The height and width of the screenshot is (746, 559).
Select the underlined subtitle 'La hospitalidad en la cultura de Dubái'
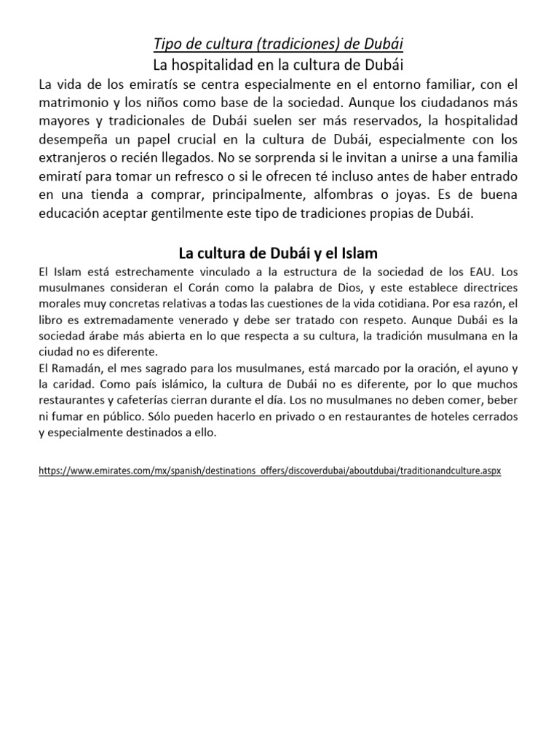click(x=279, y=64)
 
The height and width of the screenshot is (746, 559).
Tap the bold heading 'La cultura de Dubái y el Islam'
click(x=279, y=254)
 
